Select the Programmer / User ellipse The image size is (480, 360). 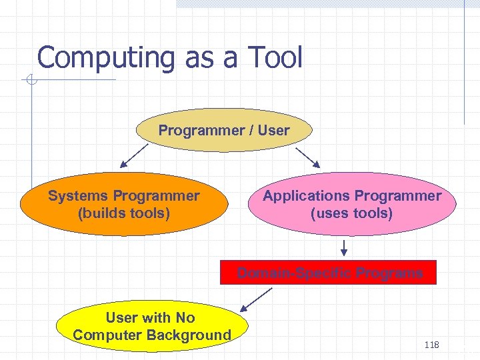224,131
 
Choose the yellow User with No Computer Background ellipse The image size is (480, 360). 152,326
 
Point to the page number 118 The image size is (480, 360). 431,345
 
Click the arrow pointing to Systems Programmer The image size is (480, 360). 135,156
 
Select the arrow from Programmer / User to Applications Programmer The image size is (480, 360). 308,157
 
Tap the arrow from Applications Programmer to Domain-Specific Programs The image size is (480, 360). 345,247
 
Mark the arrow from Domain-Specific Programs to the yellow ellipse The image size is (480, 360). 256,299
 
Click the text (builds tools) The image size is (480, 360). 124,213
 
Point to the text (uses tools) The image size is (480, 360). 351,213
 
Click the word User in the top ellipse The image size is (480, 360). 274,131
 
